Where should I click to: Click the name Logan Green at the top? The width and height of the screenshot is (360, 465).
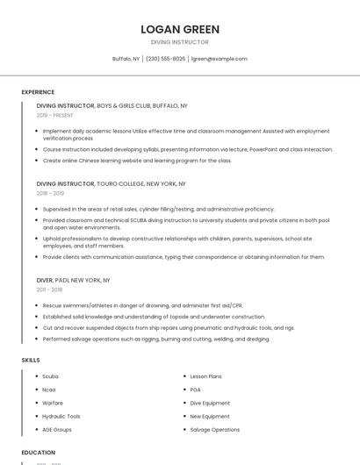point(180,29)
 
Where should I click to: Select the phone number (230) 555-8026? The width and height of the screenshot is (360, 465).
point(165,59)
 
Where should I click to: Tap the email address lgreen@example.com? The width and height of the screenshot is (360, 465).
point(220,59)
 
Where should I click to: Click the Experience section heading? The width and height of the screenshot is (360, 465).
point(38,92)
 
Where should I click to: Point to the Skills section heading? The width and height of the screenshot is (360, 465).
point(31,360)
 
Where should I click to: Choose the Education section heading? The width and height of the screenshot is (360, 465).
point(38,453)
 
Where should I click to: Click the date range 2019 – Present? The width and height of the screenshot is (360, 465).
point(55,115)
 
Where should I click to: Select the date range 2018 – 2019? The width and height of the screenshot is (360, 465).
point(50,193)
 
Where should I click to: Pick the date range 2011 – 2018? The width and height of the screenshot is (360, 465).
point(49,290)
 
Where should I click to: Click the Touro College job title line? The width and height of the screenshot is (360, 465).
point(111,184)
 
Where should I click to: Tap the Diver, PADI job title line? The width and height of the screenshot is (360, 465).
point(73,280)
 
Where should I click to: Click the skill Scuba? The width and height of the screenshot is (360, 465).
point(50,376)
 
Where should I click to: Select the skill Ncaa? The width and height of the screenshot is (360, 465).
point(49,390)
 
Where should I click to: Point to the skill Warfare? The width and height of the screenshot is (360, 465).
point(53,403)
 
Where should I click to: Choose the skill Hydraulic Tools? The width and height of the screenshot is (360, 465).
point(61,416)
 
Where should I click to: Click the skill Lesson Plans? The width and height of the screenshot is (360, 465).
point(206,376)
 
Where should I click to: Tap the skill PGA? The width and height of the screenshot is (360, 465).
point(196,390)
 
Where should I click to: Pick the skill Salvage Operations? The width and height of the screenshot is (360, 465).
point(214,430)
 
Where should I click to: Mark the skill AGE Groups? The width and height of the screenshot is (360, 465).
point(57,430)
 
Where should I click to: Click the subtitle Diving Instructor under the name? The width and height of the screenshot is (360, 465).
point(180,42)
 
